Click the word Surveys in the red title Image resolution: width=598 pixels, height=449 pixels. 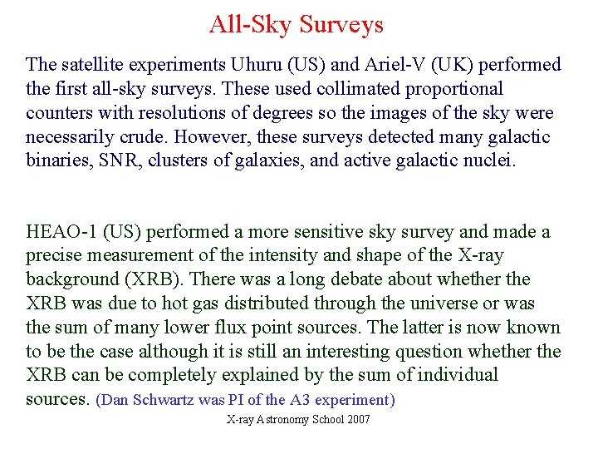tap(341, 25)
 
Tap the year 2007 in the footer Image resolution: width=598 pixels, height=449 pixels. tap(359, 420)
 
